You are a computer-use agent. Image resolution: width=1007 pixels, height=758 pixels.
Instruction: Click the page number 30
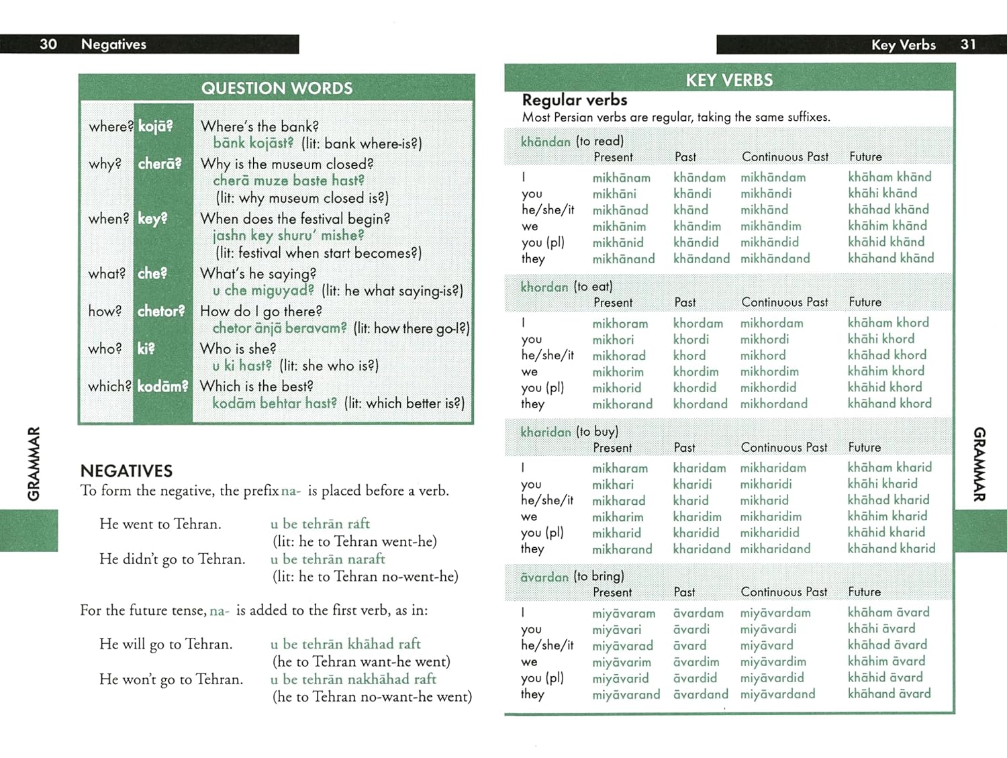48,44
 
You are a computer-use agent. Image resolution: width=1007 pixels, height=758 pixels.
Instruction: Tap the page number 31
967,44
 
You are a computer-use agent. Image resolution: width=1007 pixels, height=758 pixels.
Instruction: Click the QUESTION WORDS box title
277,89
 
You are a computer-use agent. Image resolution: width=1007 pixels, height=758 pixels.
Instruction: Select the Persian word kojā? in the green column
155,126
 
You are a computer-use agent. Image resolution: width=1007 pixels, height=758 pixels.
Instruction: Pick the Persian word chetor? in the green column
161,312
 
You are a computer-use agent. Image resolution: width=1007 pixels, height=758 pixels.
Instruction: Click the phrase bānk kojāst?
253,143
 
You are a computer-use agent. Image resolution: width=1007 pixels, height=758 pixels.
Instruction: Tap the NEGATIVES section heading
126,471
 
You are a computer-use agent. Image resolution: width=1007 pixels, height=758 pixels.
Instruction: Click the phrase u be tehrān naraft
328,559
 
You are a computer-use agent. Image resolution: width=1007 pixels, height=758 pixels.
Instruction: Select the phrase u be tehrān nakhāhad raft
353,679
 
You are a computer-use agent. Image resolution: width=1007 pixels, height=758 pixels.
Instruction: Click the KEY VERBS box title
729,81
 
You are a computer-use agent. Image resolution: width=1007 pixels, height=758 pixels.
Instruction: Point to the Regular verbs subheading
575,100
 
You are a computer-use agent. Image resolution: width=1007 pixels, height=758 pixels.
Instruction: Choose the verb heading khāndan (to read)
572,141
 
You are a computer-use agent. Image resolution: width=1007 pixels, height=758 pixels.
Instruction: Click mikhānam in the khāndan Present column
621,178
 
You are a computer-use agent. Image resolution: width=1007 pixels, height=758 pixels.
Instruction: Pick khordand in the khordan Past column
700,404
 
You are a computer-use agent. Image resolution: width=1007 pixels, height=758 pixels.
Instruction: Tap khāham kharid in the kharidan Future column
890,467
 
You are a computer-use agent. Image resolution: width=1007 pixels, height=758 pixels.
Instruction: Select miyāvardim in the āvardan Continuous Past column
773,661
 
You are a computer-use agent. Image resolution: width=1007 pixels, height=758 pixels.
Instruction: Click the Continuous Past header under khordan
785,302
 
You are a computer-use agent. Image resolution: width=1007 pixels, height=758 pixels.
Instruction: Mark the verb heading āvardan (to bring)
572,576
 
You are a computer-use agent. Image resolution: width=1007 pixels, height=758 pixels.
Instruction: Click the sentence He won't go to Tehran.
171,679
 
